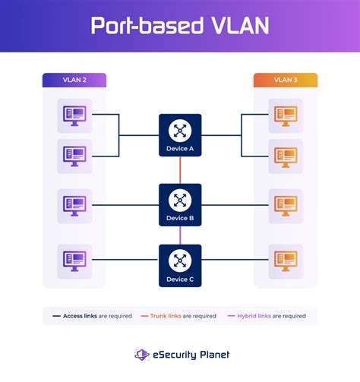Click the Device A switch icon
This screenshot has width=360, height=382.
pyautogui.click(x=180, y=131)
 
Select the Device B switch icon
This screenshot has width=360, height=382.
pyautogui.click(x=180, y=200)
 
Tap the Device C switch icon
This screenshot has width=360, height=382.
pyautogui.click(x=180, y=261)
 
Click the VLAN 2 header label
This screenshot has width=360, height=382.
pyautogui.click(x=74, y=80)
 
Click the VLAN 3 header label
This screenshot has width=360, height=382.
pyautogui.click(x=285, y=80)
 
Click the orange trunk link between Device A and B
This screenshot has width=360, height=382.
pyautogui.click(x=180, y=171)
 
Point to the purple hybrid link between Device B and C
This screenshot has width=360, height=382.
pyautogui.click(x=180, y=236)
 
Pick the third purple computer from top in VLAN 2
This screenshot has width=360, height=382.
pyautogui.click(x=74, y=205)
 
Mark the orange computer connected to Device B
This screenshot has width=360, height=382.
pyautogui.click(x=286, y=205)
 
